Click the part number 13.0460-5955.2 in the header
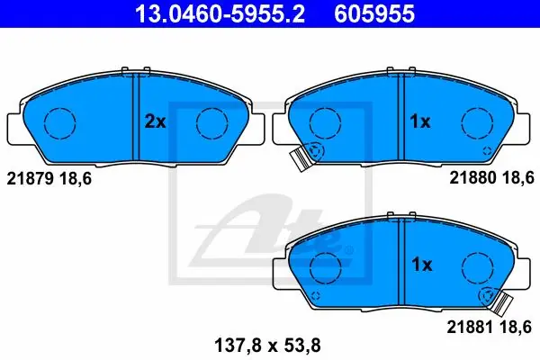pyautogui.click(x=220, y=13)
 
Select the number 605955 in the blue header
pyautogui.click(x=374, y=13)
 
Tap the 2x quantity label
pyautogui.click(x=155, y=121)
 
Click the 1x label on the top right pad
pyautogui.click(x=420, y=121)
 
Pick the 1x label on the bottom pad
pyautogui.click(x=422, y=265)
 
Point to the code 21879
pyautogui.click(x=30, y=179)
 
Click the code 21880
pyautogui.click(x=472, y=178)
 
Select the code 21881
pyautogui.click(x=470, y=327)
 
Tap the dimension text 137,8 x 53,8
pyautogui.click(x=267, y=346)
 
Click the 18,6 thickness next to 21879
pyautogui.click(x=76, y=179)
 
